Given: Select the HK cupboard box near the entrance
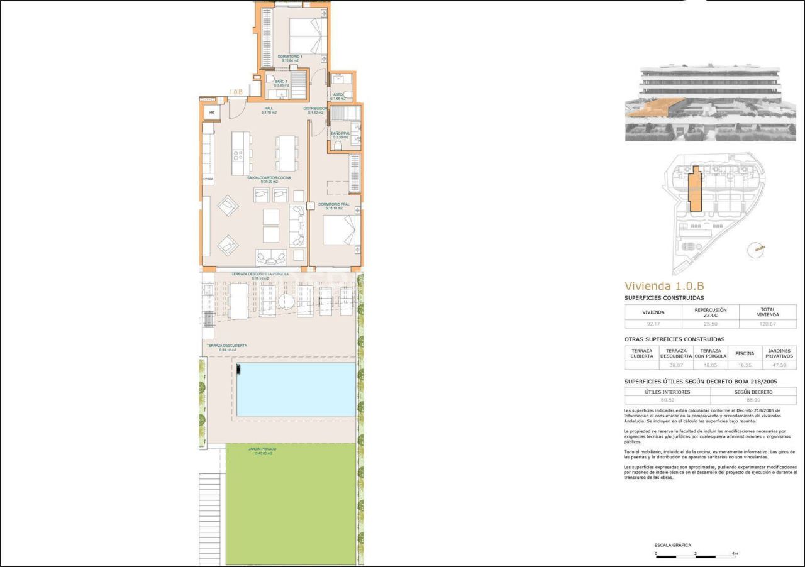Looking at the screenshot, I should tap(212, 113).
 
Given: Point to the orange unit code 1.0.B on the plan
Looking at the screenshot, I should tap(236, 92).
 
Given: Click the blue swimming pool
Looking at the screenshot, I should tap(295, 389).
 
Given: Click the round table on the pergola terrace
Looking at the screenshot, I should tap(286, 302).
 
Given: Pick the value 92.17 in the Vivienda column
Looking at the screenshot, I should tap(653, 324).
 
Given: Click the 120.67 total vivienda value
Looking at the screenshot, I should tap(767, 324).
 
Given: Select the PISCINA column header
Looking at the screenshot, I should tap(745, 353).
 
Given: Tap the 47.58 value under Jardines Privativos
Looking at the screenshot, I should tap(779, 365).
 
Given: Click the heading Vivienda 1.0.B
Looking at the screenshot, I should tap(664, 286).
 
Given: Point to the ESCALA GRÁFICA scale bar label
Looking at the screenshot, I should tap(672, 545).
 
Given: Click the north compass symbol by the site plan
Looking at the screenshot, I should tap(756, 250).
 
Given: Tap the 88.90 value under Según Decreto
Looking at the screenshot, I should tap(753, 400).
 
